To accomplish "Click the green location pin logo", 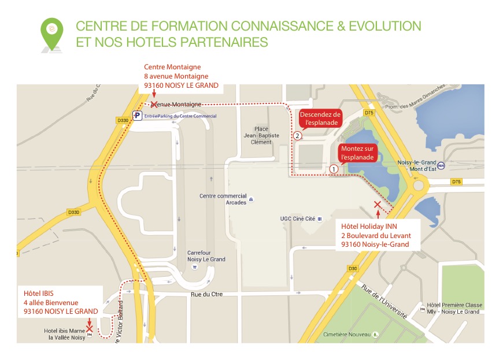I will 52,34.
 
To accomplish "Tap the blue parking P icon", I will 137,116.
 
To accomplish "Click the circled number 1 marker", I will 334,169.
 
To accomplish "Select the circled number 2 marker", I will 297,136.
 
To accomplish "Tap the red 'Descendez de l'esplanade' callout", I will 320,118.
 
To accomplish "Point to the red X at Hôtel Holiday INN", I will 378,205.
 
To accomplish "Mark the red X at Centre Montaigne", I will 154,105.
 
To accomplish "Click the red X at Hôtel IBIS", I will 90,328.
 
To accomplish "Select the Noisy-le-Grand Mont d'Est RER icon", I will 441,165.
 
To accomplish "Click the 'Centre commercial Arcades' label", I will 223,199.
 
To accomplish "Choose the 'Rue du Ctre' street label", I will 206,294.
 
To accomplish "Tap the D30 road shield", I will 352,268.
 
